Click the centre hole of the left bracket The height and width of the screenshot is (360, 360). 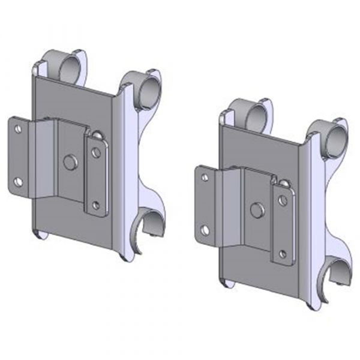pos(71,162)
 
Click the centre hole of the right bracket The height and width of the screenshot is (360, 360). pos(257,210)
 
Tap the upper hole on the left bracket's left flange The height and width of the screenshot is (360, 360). pos(19,128)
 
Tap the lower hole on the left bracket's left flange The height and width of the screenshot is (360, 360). pos(19,181)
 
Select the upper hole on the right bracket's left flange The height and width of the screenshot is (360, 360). pos(205,178)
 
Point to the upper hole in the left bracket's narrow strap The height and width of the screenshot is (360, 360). pos(96,153)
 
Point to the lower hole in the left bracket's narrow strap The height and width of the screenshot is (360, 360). pos(96,205)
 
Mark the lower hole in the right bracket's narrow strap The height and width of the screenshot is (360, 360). pos(283,253)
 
